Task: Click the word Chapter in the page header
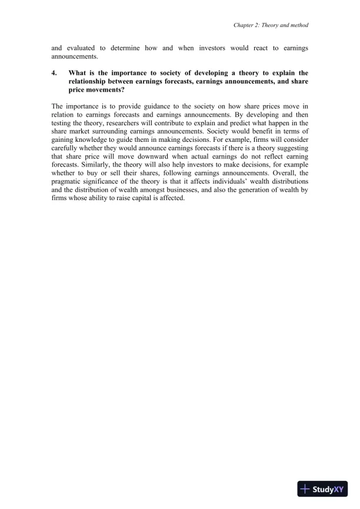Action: (244, 25)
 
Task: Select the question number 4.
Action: (54, 74)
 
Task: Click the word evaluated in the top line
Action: (82, 46)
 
